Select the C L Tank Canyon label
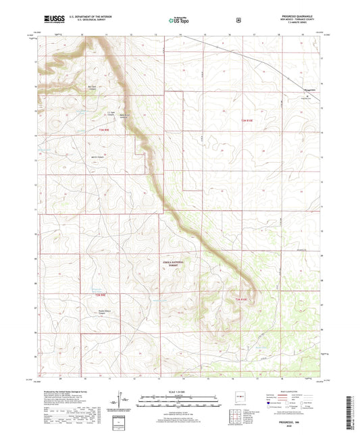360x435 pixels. point(103,112)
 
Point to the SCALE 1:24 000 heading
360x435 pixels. point(180,393)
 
